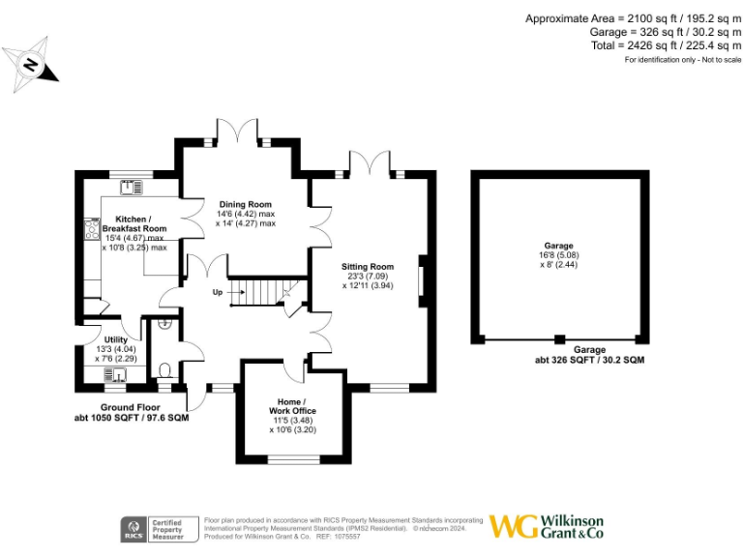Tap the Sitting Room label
368,266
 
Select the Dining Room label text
244,204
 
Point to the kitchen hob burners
94,229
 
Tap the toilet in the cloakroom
165,368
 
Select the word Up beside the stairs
218,291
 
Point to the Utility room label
116,339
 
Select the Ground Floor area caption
132,413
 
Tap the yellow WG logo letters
512,527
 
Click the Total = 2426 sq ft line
666,45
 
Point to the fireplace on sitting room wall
420,281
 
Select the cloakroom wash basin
165,324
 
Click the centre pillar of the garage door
558,339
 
